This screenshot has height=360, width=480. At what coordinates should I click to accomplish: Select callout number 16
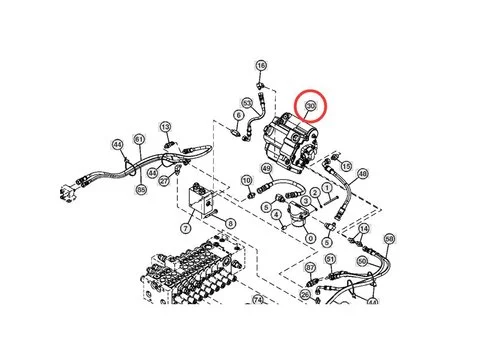(x=262, y=66)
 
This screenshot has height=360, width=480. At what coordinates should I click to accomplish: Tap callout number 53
(x=247, y=103)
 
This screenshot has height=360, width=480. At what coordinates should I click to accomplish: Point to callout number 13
(x=166, y=127)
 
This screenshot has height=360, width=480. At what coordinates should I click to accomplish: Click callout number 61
(x=139, y=139)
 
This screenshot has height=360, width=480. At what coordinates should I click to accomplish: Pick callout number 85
(x=141, y=189)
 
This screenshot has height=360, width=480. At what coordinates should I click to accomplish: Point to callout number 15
(x=346, y=166)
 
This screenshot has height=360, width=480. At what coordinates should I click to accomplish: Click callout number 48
(x=362, y=174)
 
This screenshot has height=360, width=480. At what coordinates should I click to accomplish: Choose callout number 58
(x=389, y=238)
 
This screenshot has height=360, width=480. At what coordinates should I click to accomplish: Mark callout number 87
(x=310, y=268)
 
